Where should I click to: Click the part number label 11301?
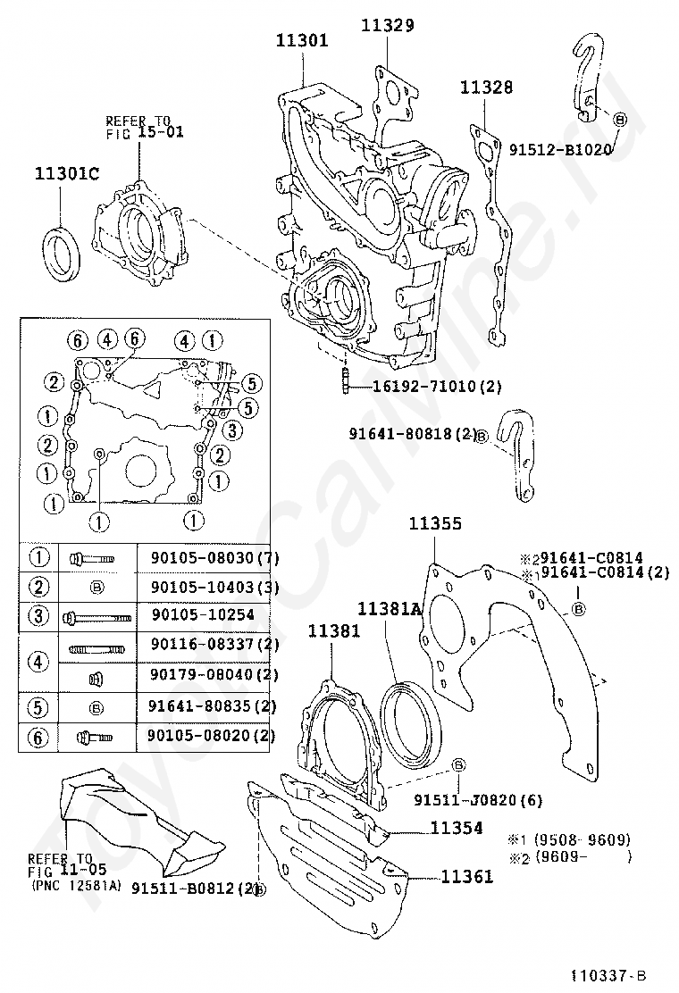tap(301, 40)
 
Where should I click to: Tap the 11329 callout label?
tap(387, 25)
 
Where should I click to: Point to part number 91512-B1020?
tap(560, 149)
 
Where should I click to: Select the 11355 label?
tap(435, 523)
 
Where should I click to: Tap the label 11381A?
tap(389, 609)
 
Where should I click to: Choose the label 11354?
tap(456, 828)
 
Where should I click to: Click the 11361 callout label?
tap(466, 877)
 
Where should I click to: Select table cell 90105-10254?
tap(189, 615)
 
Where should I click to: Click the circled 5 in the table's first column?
tap(38, 705)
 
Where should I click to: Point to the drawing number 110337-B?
tap(608, 975)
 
